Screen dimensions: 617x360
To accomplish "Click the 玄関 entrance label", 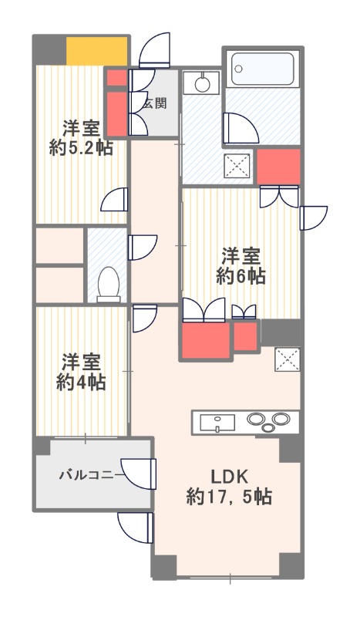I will [154, 103].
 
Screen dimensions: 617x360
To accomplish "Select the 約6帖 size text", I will [241, 275].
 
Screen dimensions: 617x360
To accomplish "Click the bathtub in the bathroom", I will [263, 70].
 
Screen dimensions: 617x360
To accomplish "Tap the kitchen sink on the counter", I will [219, 423].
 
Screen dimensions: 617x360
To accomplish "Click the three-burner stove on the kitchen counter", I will [269, 423].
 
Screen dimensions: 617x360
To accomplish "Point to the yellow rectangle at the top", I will [96, 52].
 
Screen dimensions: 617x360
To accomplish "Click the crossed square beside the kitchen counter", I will [287, 358].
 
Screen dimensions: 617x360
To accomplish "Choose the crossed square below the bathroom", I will [236, 164].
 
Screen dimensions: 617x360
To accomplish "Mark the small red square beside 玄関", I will [116, 78].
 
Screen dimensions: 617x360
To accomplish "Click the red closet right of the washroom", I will [278, 167].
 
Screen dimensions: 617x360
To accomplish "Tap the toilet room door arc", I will [143, 248].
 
